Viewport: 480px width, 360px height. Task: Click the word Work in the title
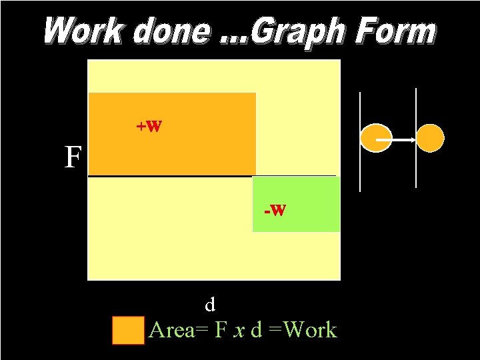tap(85, 32)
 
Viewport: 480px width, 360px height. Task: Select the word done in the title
tap(170, 32)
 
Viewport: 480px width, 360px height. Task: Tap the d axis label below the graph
tap(210, 305)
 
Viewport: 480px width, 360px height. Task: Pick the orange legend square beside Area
tap(128, 330)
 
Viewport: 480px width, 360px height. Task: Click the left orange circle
tap(376, 139)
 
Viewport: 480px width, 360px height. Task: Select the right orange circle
tap(430, 139)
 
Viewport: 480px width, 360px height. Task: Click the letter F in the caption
tap(221, 330)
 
